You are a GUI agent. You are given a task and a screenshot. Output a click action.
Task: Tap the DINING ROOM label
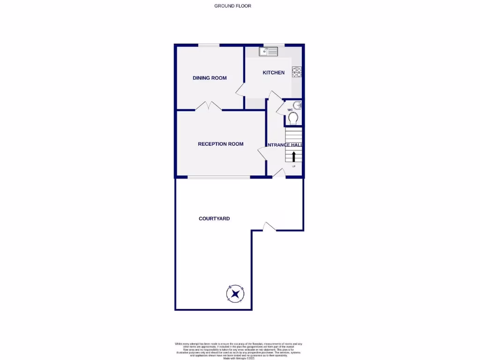point(210,78)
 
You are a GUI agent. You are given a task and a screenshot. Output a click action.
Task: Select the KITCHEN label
point(273,73)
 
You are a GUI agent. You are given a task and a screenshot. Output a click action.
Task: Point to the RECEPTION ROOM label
point(220,144)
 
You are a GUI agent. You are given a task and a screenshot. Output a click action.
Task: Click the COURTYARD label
point(214,218)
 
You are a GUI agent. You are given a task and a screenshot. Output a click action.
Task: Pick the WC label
point(290,110)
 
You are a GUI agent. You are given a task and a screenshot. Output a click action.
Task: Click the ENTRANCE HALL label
point(285,145)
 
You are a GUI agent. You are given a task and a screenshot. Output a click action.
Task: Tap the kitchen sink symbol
point(269,52)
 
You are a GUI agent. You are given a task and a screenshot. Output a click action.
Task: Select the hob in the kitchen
point(297,72)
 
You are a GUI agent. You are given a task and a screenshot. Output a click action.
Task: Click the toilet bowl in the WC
point(293,120)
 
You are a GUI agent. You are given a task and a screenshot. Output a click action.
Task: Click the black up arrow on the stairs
point(294,157)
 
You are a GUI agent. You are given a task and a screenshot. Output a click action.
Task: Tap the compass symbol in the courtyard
point(235,294)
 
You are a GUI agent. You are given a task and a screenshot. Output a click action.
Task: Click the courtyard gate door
point(269,226)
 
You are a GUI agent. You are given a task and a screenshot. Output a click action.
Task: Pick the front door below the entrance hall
point(279,173)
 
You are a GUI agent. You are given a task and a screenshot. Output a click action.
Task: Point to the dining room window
point(209,45)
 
